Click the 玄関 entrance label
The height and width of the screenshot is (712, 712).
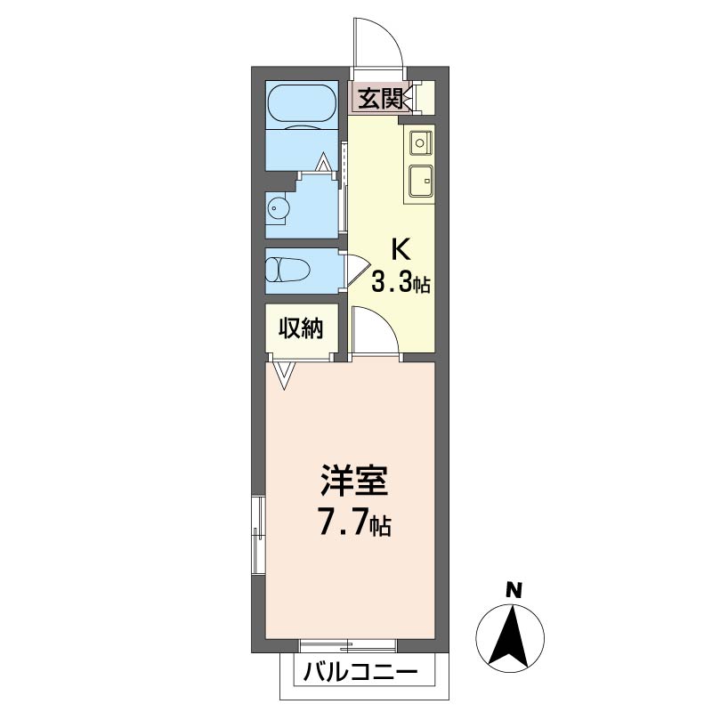381,98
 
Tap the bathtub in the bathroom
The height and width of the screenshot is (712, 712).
302,103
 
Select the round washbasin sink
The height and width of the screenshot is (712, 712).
276,208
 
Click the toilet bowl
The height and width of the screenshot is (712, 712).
287,270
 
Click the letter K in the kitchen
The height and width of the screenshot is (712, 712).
401,249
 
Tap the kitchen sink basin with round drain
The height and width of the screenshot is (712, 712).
420,142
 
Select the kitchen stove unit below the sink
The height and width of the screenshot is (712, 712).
421,182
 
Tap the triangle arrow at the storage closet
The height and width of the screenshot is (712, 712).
285,375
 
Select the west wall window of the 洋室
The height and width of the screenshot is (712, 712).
259,536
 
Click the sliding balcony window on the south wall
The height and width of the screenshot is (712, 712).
348,645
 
